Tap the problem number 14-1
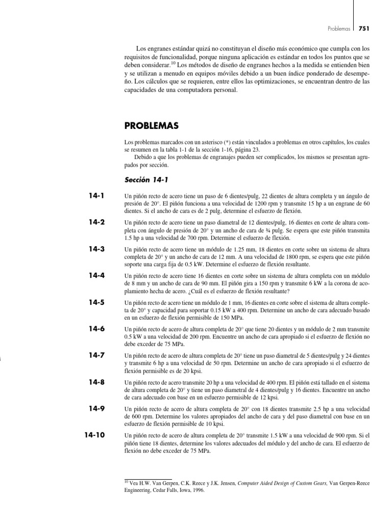[96, 196]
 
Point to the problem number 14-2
[96, 222]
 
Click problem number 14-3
[96, 249]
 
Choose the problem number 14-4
[96, 275]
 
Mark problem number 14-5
[96, 302]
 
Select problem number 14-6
[96, 329]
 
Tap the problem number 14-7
[96, 355]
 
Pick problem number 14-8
[96, 382]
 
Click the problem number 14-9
[96, 408]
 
